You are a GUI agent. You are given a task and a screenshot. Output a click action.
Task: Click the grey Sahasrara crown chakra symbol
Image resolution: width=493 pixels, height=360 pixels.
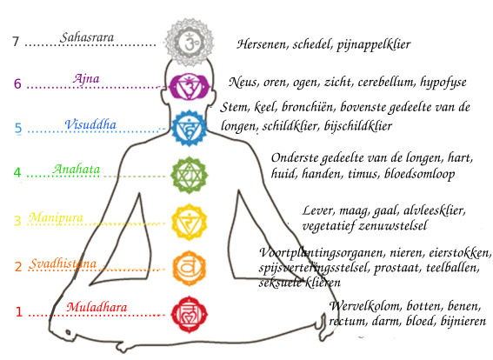(x=190, y=42)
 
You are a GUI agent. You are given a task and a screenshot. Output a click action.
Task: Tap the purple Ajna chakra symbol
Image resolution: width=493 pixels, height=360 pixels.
(x=189, y=86)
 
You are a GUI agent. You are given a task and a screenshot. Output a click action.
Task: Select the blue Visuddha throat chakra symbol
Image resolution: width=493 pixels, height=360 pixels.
(x=189, y=128)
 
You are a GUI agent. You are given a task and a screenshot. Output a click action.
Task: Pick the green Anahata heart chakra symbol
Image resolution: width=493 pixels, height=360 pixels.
(x=189, y=175)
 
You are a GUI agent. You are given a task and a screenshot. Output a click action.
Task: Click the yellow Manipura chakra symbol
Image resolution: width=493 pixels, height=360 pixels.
(x=189, y=222)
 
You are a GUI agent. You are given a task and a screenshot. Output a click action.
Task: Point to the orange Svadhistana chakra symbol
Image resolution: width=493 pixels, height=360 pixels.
(x=189, y=268)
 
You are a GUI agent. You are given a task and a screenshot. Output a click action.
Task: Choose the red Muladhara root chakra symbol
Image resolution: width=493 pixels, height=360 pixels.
(x=190, y=314)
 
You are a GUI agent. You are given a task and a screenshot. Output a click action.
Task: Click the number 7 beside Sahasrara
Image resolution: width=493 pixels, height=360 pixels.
(x=16, y=42)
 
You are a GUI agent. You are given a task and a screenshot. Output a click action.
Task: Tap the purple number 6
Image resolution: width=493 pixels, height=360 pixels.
(x=17, y=84)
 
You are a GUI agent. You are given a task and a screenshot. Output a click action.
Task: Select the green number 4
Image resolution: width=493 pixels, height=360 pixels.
(x=17, y=172)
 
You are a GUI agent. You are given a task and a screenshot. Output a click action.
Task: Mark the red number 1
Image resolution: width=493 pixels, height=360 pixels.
(x=19, y=312)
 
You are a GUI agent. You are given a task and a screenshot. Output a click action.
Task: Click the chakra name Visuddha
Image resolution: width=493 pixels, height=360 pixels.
(x=90, y=124)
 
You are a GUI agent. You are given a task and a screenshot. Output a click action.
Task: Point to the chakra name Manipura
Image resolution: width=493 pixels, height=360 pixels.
(x=56, y=217)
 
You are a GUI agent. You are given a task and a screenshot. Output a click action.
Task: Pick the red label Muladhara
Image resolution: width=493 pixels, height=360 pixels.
(x=97, y=307)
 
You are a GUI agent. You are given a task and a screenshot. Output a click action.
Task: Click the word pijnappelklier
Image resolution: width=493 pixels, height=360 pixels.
(x=374, y=44)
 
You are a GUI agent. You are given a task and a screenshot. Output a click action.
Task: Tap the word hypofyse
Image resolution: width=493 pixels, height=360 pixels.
(x=443, y=83)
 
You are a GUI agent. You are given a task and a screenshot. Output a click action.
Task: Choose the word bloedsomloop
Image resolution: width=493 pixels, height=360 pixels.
(x=419, y=174)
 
